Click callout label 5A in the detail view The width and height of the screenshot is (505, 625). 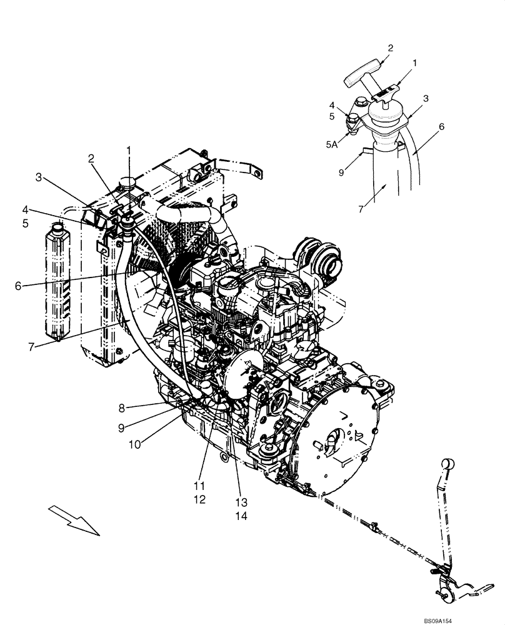[332, 143]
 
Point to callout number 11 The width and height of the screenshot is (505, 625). [200, 486]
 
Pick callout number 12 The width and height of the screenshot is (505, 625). [200, 500]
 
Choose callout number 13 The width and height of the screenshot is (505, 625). [241, 502]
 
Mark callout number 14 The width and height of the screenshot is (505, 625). [241, 517]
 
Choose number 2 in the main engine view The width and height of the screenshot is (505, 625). [91, 159]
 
